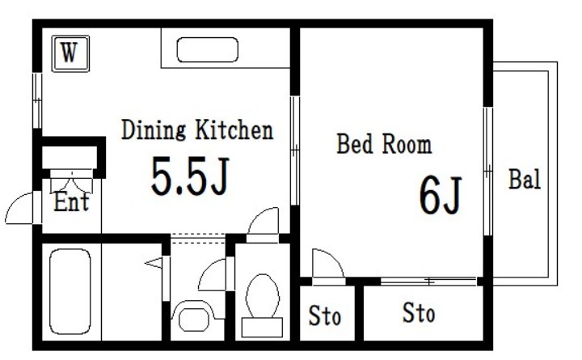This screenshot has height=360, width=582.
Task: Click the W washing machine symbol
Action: (70, 53)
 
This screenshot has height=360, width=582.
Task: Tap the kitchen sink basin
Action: (207, 50)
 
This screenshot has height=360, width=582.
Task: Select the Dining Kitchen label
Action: (197, 129)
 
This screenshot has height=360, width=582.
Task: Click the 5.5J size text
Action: (190, 176)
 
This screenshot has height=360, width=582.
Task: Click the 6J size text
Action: (441, 195)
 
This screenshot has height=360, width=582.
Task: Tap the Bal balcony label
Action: (524, 179)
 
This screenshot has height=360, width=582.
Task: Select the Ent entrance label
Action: (72, 201)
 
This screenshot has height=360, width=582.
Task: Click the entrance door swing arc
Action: (15, 202)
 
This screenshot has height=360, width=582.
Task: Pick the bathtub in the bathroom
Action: (70, 292)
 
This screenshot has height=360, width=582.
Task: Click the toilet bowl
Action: (263, 296)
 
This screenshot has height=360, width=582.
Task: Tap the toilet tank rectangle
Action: (262, 327)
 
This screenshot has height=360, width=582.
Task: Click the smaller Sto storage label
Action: (325, 316)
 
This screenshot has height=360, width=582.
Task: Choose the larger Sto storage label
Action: (419, 313)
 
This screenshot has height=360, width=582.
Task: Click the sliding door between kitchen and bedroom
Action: (295, 150)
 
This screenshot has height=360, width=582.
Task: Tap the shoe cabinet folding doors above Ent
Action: (71, 182)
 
